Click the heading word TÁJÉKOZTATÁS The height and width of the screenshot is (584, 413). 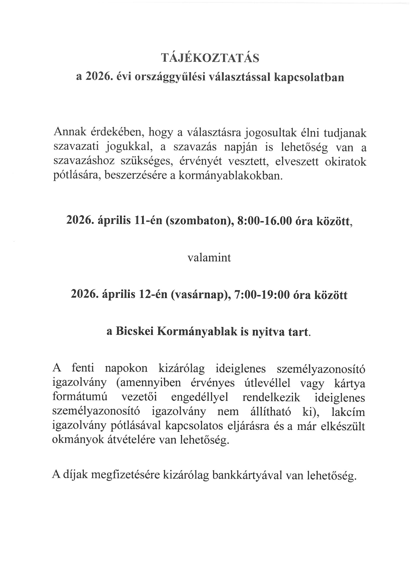coord(210,58)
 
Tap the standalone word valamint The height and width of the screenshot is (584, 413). coord(209,258)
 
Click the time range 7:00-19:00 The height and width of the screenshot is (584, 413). coord(263,295)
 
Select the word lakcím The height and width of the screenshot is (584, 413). coord(349,412)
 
